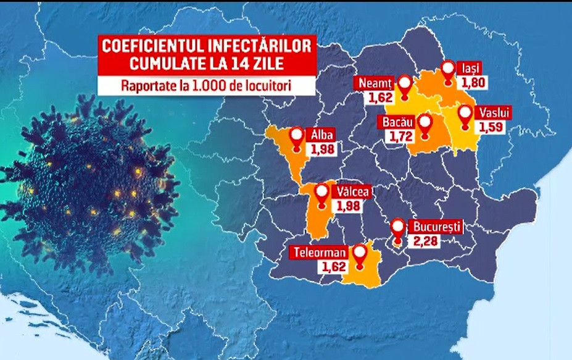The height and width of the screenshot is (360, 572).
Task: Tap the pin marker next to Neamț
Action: [404, 85]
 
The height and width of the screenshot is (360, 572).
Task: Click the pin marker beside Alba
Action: [298, 137]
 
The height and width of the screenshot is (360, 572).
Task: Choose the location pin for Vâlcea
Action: [321, 194]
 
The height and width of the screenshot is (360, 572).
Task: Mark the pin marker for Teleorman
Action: [359, 254]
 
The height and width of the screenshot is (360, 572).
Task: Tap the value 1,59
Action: [490, 127]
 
